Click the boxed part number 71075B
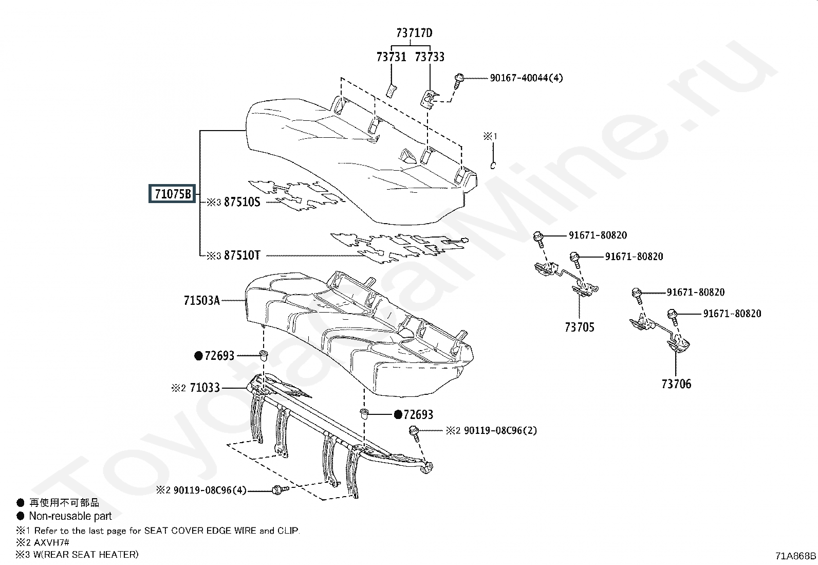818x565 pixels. click(x=173, y=194)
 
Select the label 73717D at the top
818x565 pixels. click(x=414, y=33)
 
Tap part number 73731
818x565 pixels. click(x=391, y=57)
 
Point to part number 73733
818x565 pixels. click(x=430, y=57)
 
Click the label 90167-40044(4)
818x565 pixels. click(x=526, y=78)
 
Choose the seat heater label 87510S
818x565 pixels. click(x=242, y=202)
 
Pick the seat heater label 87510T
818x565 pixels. click(x=242, y=255)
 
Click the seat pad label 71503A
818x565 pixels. click(x=201, y=300)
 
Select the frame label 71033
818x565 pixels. click(x=204, y=388)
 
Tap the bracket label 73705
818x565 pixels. click(x=579, y=327)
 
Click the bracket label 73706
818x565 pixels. click(x=676, y=384)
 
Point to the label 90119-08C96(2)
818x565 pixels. click(x=500, y=430)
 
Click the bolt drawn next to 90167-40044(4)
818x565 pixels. click(x=458, y=80)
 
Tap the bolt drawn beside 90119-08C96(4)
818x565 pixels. click(x=278, y=490)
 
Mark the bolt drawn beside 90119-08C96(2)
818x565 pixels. click(x=414, y=432)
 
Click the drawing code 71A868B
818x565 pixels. click(x=795, y=556)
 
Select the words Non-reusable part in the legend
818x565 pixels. click(x=70, y=516)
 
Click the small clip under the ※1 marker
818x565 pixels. click(x=492, y=166)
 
